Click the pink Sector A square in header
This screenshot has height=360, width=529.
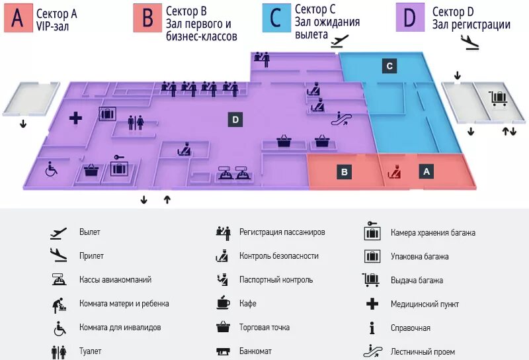(x=17, y=19)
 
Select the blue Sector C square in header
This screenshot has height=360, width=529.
(x=276, y=19)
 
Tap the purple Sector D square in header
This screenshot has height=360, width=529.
(x=409, y=19)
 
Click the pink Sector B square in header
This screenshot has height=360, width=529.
(x=147, y=19)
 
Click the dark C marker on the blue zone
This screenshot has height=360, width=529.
(x=390, y=66)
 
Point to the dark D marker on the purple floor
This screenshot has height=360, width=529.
(x=235, y=119)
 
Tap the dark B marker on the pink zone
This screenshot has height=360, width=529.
(x=344, y=172)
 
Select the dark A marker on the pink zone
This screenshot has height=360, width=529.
(x=427, y=171)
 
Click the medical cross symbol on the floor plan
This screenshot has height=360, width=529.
(x=75, y=118)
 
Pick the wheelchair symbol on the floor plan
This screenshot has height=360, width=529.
(x=50, y=169)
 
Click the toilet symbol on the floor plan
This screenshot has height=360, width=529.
(x=135, y=122)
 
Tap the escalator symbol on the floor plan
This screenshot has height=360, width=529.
(x=343, y=119)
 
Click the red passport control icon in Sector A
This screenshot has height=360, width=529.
(x=394, y=171)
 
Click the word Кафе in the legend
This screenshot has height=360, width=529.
(x=247, y=304)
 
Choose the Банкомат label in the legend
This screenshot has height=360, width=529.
(x=255, y=351)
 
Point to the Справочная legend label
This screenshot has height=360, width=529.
(x=410, y=328)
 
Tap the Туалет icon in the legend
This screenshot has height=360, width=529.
(x=59, y=351)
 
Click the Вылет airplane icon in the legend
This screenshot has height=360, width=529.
(x=59, y=233)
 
